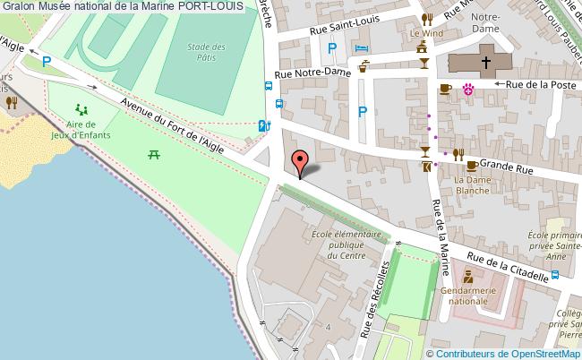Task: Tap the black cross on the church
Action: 486,63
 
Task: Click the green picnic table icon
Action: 154,153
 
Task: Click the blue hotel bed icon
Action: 361,47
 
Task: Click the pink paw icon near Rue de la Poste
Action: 467,88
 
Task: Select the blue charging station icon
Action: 262,126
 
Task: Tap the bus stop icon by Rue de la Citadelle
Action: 556,275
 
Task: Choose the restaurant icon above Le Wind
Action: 427,18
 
